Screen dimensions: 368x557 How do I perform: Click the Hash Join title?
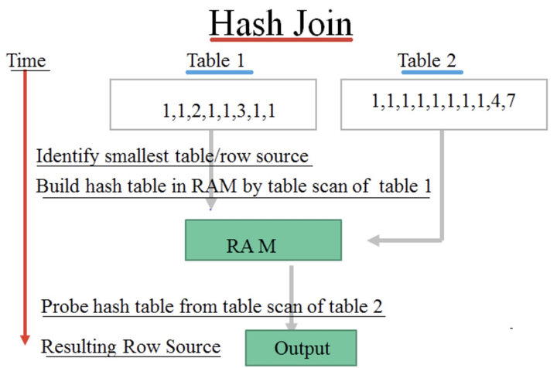280,24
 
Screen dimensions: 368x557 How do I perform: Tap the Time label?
26,61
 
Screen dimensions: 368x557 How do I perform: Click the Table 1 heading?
219,60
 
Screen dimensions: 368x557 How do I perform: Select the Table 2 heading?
430,60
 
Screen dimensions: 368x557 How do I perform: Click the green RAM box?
263,240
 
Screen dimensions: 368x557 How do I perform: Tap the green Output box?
301,348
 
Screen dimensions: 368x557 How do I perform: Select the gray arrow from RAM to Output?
289,294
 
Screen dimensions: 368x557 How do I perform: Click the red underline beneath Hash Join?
280,41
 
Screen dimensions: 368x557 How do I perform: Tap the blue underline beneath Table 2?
430,72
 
